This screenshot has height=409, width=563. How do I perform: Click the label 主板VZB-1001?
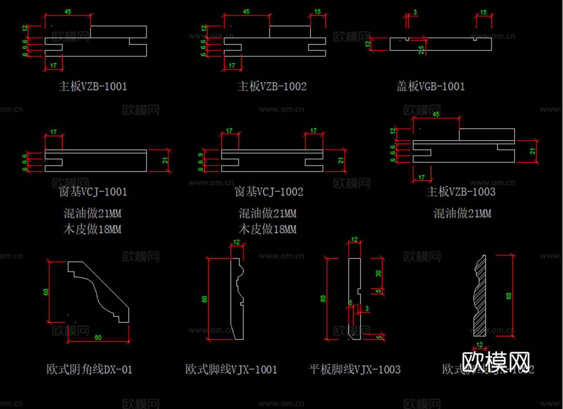(x=93, y=86)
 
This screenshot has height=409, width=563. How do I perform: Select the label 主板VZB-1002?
(x=272, y=86)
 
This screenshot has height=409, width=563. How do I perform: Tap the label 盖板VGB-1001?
(x=431, y=86)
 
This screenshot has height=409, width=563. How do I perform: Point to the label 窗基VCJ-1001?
(x=93, y=192)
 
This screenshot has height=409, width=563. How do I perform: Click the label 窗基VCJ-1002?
(x=269, y=192)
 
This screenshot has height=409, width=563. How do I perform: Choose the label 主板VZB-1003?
(x=461, y=192)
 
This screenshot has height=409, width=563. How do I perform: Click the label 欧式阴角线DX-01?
(x=89, y=370)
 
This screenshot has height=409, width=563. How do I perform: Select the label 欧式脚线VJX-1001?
(x=231, y=370)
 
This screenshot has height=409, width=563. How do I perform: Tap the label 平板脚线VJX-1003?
(x=354, y=370)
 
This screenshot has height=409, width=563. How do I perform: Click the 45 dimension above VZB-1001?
(x=68, y=12)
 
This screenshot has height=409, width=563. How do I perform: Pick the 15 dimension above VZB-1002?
(x=318, y=12)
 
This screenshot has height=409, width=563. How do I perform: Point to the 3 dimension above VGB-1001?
(x=415, y=12)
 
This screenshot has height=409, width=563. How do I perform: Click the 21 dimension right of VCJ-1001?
(x=165, y=161)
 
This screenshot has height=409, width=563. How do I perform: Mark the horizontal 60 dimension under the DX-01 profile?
(x=98, y=337)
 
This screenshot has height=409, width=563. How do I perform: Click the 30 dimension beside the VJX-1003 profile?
(x=378, y=273)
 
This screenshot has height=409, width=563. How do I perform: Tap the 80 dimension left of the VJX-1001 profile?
(x=204, y=299)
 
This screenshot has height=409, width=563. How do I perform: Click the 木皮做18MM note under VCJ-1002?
(x=267, y=229)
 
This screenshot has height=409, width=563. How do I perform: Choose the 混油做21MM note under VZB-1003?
(x=462, y=213)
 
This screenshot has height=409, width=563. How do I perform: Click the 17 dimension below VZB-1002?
(x=232, y=65)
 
